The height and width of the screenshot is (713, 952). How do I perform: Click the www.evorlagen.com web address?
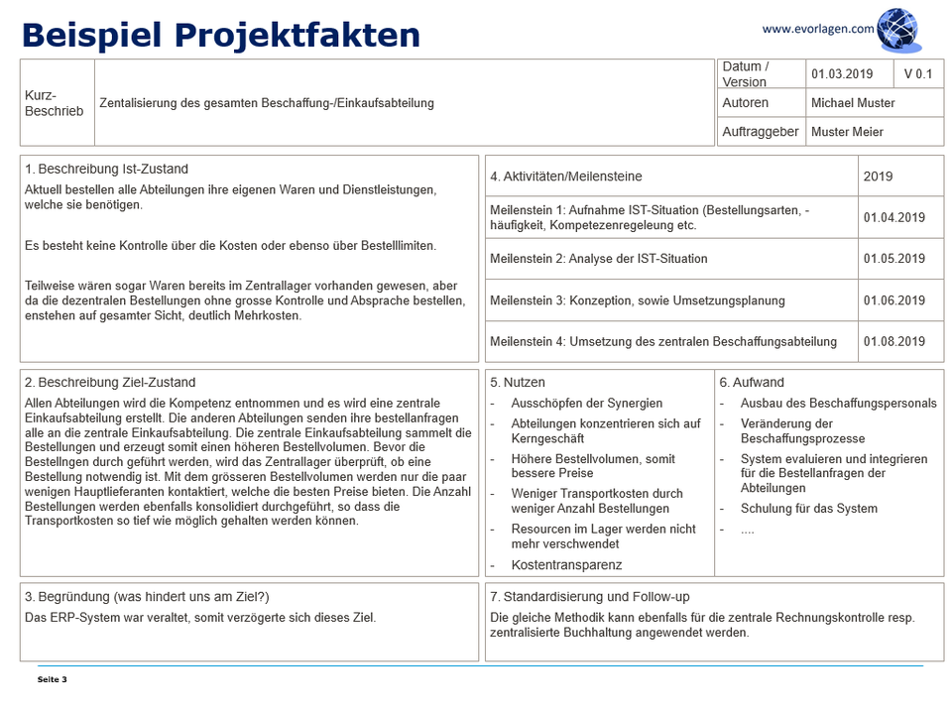pos(818,29)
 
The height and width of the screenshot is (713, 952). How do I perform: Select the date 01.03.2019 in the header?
pos(841,74)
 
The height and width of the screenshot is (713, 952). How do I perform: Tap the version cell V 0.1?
pos(917,74)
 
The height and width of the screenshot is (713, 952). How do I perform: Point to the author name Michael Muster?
pos(852,103)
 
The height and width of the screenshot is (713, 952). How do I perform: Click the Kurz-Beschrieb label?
pos(54,103)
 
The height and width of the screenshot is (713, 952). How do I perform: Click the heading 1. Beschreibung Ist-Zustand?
pos(106,170)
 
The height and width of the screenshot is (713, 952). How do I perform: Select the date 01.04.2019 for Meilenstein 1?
pos(893,217)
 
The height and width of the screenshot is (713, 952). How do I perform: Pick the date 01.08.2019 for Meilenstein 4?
pos(893,342)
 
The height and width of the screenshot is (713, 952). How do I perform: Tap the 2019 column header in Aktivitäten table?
pos(878,177)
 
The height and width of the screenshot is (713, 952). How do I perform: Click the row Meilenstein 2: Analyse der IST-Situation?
pos(598,259)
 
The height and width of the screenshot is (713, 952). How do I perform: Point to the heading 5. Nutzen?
pos(517,383)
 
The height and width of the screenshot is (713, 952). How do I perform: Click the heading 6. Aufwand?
pos(752,383)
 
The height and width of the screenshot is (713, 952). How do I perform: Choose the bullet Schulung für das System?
pos(808,509)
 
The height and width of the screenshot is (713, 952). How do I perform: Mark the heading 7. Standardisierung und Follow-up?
pos(589,597)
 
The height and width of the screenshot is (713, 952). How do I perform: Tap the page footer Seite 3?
pos(52,679)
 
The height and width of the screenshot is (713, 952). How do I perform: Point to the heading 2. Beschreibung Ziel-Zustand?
pos(110,383)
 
